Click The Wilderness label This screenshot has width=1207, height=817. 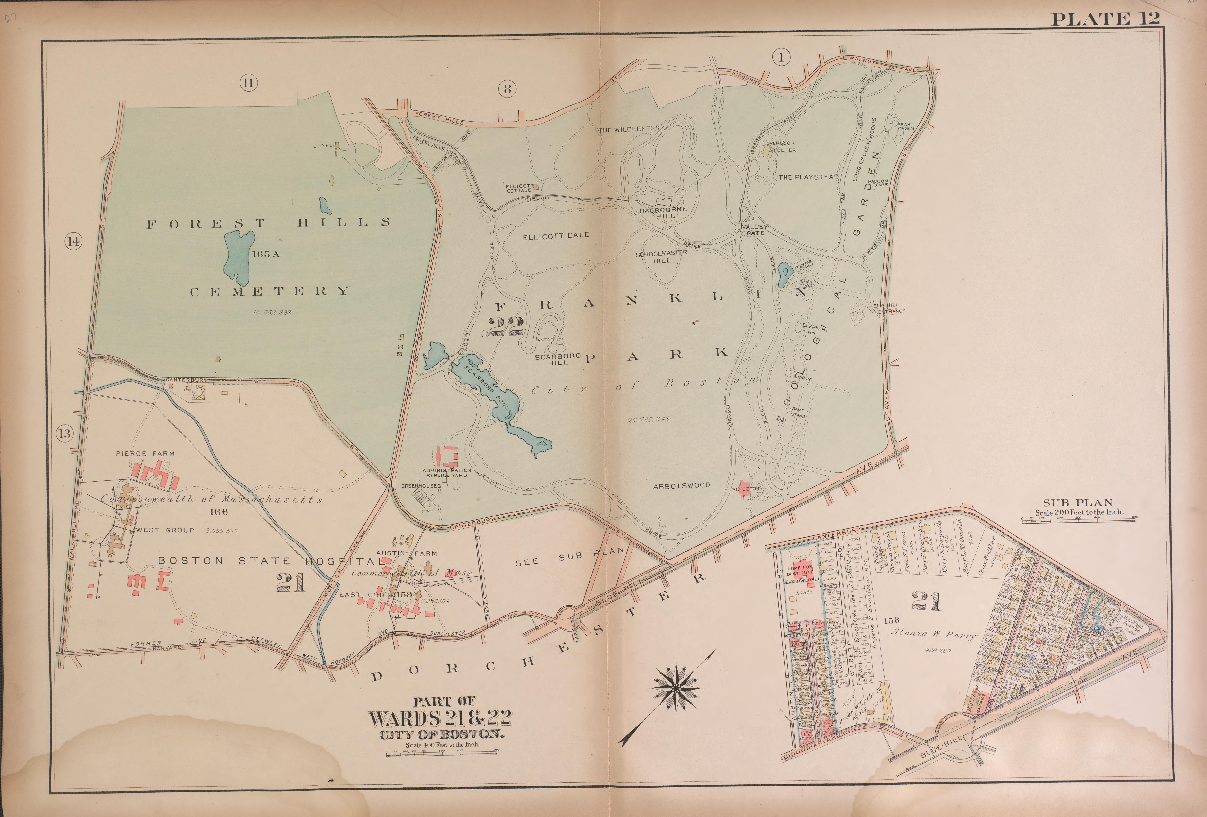click(x=629, y=129)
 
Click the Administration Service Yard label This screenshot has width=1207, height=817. click(x=447, y=472)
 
